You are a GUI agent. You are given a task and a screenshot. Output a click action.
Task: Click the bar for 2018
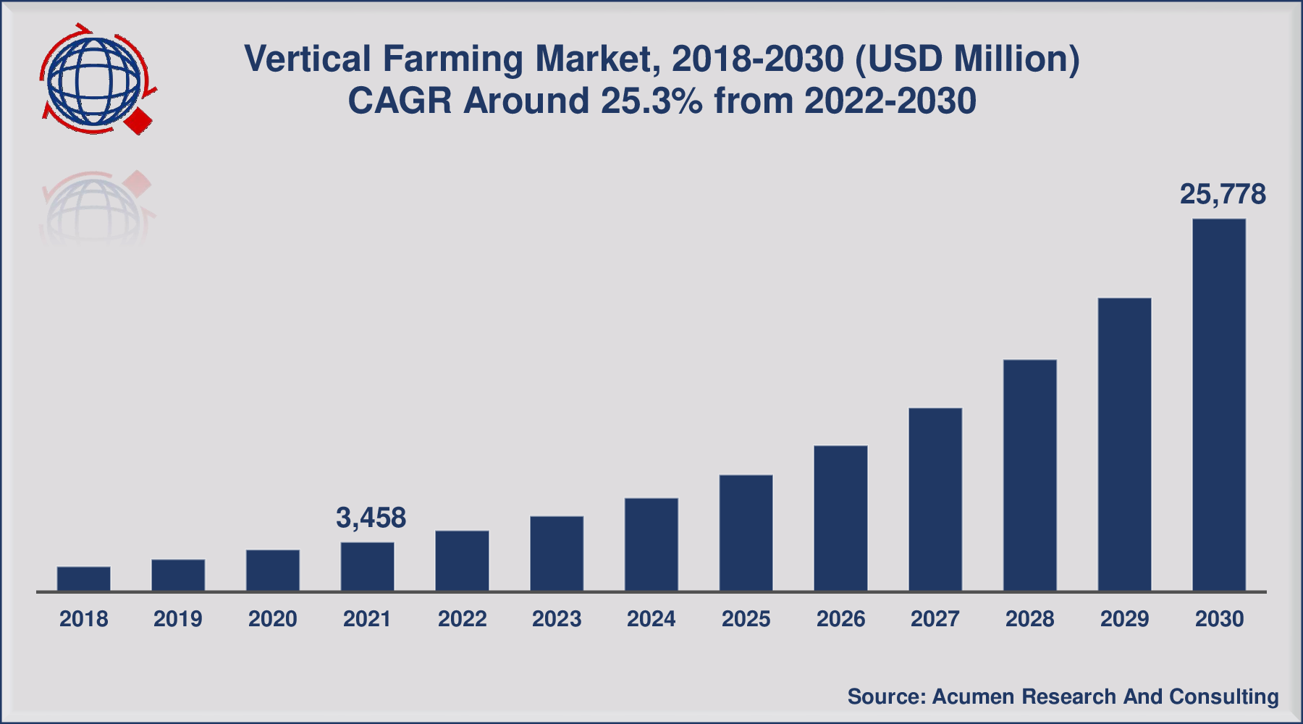pyautogui.click(x=84, y=578)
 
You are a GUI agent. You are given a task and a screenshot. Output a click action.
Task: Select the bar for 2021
pyautogui.click(x=368, y=566)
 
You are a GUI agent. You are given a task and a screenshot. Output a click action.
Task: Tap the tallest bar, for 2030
pyautogui.click(x=1219, y=405)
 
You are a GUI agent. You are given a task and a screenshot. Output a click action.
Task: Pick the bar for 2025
pyautogui.click(x=746, y=533)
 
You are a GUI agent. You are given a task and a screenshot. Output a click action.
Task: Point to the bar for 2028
pyautogui.click(x=1029, y=475)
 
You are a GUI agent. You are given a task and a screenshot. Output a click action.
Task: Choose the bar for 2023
pyautogui.click(x=557, y=553)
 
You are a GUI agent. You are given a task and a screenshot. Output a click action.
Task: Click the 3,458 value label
pyautogui.click(x=371, y=518)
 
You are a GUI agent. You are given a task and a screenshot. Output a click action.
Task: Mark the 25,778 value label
pyautogui.click(x=1223, y=194)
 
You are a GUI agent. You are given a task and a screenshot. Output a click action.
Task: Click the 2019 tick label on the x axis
pyautogui.click(x=178, y=619)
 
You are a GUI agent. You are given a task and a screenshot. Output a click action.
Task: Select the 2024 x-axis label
pyautogui.click(x=651, y=619)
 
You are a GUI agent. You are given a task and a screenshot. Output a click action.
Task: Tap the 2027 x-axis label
pyautogui.click(x=935, y=619)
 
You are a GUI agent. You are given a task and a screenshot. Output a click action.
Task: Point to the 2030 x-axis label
pyautogui.click(x=1219, y=619)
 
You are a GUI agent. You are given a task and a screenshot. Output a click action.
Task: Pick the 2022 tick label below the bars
pyautogui.click(x=462, y=619)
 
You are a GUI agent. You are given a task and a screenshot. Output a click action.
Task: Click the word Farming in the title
pyautogui.click(x=452, y=59)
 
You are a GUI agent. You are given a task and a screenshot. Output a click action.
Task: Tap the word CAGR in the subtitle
pyautogui.click(x=400, y=101)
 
